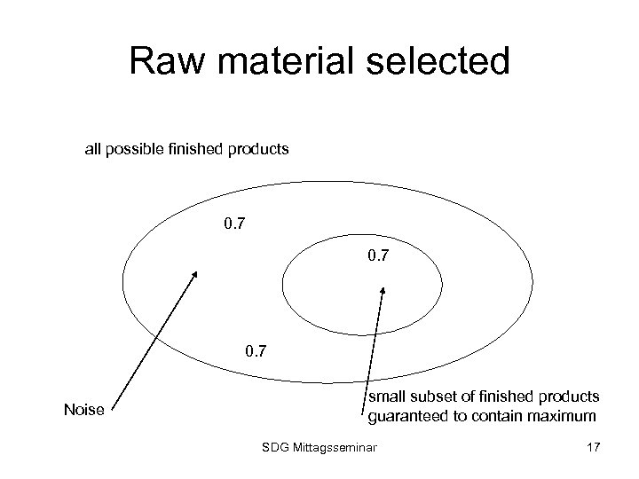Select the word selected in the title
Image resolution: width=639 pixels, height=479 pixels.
(x=439, y=62)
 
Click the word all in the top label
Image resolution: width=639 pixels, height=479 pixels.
(x=92, y=149)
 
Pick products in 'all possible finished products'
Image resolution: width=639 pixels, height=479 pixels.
(x=259, y=149)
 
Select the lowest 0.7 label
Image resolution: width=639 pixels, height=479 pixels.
(x=258, y=354)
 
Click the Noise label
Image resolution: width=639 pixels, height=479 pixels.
(x=84, y=410)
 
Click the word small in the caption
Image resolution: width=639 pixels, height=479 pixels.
(x=387, y=396)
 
